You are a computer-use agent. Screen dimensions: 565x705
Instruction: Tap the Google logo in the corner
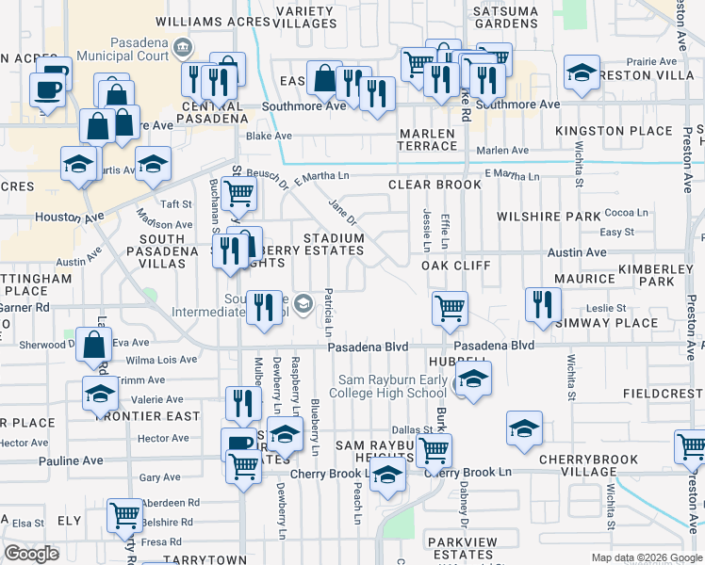pos(31,554)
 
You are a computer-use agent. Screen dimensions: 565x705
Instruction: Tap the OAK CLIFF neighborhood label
pos(455,266)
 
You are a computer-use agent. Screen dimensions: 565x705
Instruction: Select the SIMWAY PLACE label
pos(610,323)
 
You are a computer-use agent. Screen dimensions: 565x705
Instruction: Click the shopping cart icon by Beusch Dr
pos(239,193)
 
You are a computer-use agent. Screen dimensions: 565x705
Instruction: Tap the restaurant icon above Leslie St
pos(542,304)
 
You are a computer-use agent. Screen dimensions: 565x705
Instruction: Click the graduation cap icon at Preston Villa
pos(582,72)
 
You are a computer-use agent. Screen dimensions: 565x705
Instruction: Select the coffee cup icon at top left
pos(46,90)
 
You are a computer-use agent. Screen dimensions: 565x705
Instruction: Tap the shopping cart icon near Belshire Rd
pos(124,514)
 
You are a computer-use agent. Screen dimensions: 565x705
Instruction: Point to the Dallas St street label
pos(412,429)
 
